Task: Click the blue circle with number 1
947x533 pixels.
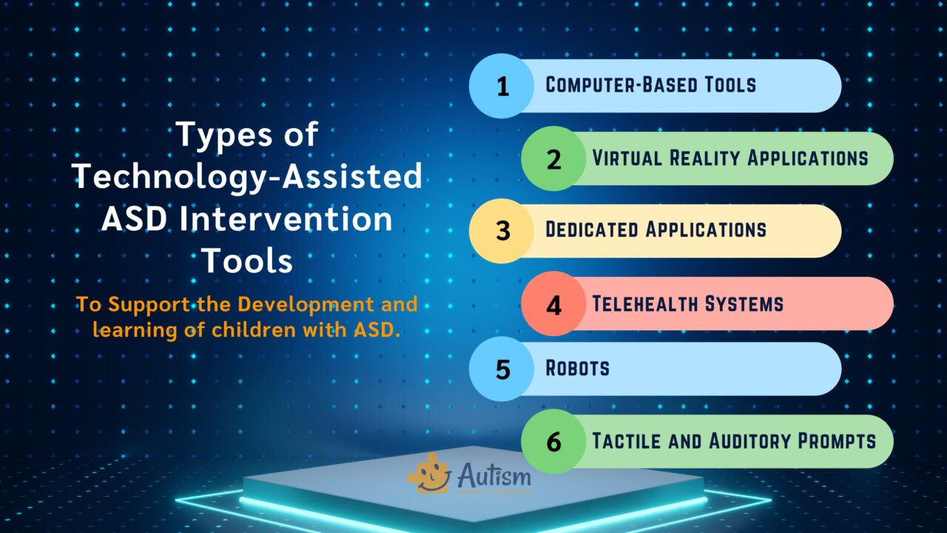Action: click(502, 86)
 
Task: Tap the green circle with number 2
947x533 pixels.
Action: click(554, 158)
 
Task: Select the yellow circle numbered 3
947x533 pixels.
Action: click(502, 231)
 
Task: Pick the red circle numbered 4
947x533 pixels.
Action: click(554, 304)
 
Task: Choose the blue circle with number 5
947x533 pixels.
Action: click(502, 369)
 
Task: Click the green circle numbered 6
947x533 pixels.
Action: click(554, 441)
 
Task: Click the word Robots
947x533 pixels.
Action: click(577, 368)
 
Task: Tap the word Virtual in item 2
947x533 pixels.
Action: click(627, 158)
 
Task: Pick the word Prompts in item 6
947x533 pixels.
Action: click(837, 440)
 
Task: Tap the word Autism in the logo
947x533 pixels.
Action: click(493, 472)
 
